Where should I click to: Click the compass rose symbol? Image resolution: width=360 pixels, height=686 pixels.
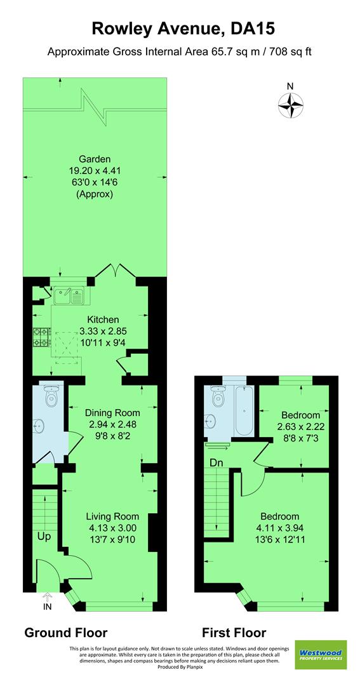click(x=290, y=105)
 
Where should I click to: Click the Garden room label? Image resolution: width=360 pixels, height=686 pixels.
click(x=95, y=159)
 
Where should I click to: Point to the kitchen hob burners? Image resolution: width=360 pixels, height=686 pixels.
click(x=41, y=338)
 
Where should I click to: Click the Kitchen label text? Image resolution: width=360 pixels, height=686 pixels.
click(x=103, y=319)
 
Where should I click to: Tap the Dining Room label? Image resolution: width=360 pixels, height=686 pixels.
click(x=113, y=413)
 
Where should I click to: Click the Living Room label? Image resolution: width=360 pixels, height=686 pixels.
click(x=112, y=516)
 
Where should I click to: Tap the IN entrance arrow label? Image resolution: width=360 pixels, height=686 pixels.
click(x=47, y=607)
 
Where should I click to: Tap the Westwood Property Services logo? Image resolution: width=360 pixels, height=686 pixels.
click(x=321, y=655)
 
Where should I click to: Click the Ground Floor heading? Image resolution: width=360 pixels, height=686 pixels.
click(x=65, y=633)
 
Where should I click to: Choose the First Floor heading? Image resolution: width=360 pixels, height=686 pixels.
click(x=234, y=633)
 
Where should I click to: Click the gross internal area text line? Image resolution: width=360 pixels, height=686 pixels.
click(x=179, y=51)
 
